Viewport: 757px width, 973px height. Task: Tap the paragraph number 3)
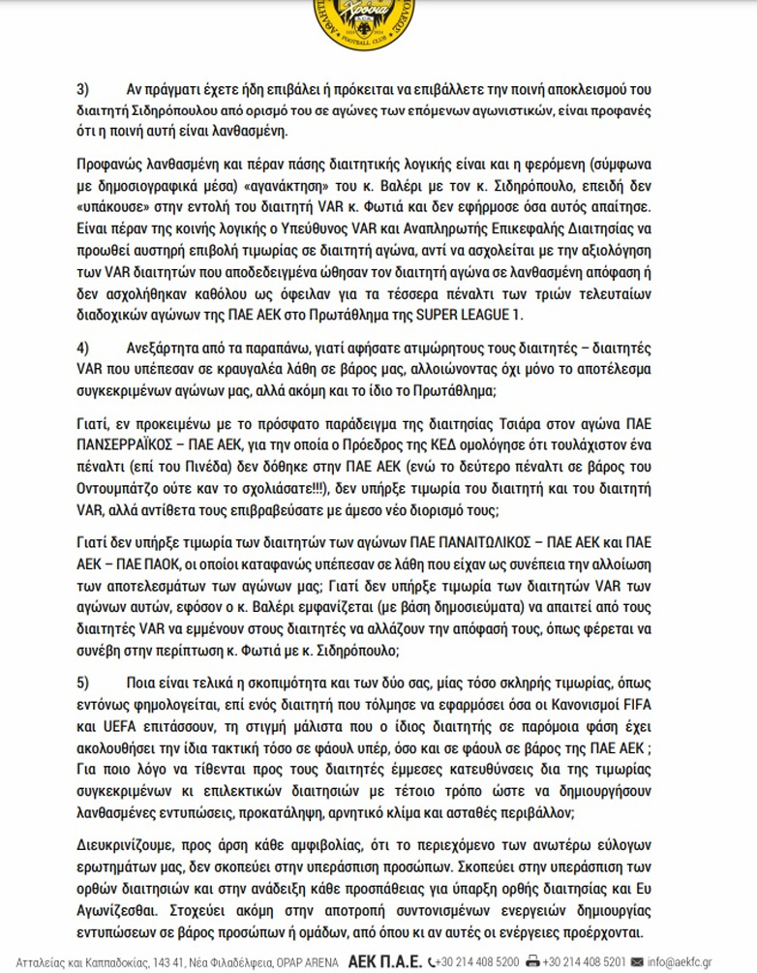(82, 89)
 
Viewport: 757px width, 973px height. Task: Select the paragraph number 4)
(82, 346)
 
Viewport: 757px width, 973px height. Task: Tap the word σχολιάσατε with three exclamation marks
(261, 489)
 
